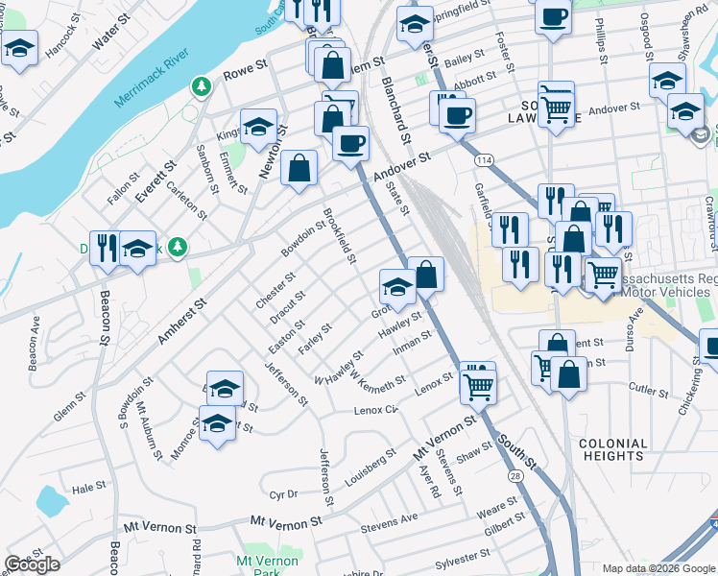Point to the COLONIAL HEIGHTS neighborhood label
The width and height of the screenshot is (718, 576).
[614, 449]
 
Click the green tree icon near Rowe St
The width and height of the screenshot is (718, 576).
[202, 87]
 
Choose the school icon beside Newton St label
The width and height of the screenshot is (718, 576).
[257, 128]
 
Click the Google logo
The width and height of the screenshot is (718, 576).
[32, 564]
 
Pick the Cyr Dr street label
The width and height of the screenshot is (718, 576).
[284, 494]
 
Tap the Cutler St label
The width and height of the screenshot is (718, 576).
[650, 392]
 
